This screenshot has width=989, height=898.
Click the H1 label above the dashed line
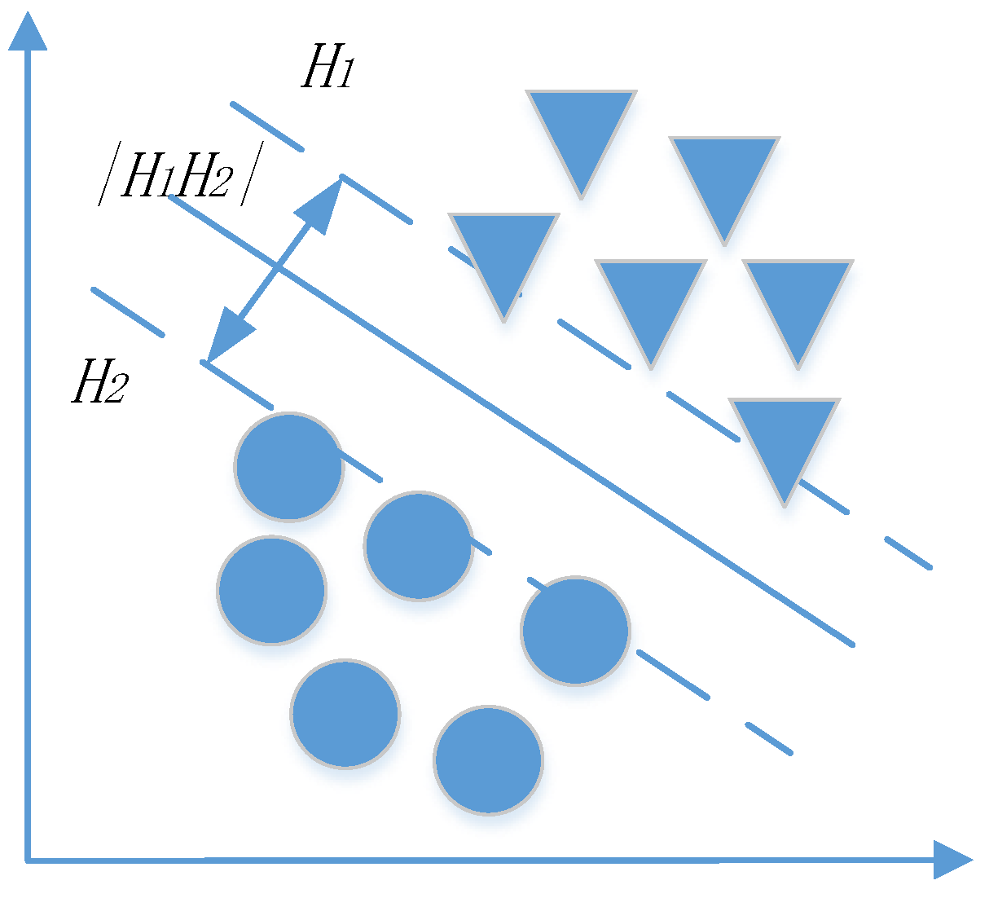pyautogui.click(x=327, y=67)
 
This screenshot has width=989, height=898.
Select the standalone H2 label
pyautogui.click(x=99, y=382)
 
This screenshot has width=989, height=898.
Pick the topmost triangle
pyautogui.click(x=581, y=130)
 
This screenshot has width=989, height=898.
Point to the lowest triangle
pyautogui.click(x=784, y=440)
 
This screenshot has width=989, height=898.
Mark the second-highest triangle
pyautogui.click(x=724, y=176)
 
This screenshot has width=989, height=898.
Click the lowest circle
pyautogui.click(x=488, y=759)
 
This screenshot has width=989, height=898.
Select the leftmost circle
pyautogui.click(x=271, y=590)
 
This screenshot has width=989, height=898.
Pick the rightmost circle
pyautogui.click(x=575, y=631)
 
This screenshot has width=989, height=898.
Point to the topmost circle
pyautogui.click(x=288, y=466)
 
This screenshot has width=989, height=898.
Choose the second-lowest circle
pyautogui.click(x=345, y=714)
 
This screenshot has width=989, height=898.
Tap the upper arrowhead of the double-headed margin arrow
pyautogui.click(x=321, y=204)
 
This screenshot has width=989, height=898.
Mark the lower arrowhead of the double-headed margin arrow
pyautogui.click(x=227, y=337)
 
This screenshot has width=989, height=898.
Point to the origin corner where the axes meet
pyautogui.click(x=29, y=859)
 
